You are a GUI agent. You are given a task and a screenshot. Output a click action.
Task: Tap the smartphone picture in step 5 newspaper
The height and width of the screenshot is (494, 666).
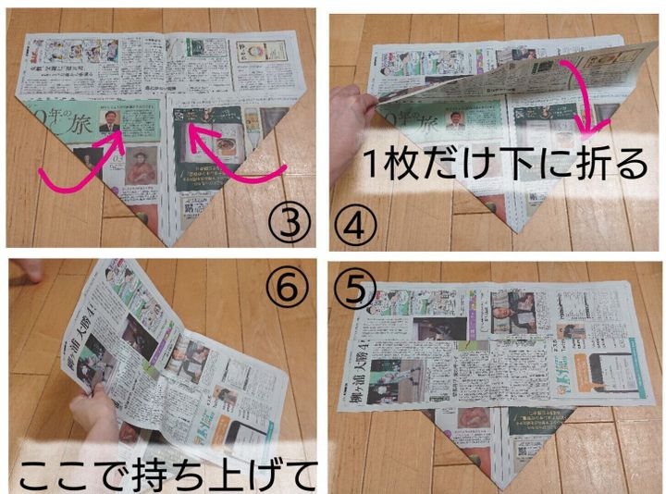[x=611, y=370]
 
